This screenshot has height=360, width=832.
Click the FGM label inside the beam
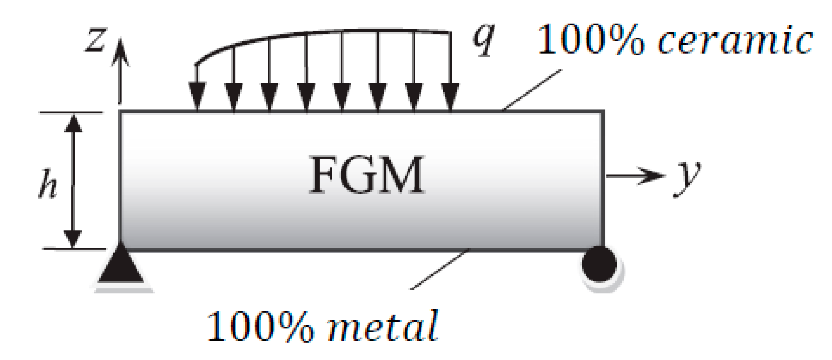(367, 175)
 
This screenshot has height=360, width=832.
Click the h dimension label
(48, 184)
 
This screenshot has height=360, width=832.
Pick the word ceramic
(735, 41)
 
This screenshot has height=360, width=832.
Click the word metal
(383, 326)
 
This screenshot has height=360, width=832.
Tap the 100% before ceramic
(590, 40)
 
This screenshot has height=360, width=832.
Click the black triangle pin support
(121, 266)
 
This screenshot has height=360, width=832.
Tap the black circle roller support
(599, 264)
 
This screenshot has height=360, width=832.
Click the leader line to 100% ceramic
(532, 89)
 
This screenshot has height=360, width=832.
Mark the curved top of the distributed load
(303, 34)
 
